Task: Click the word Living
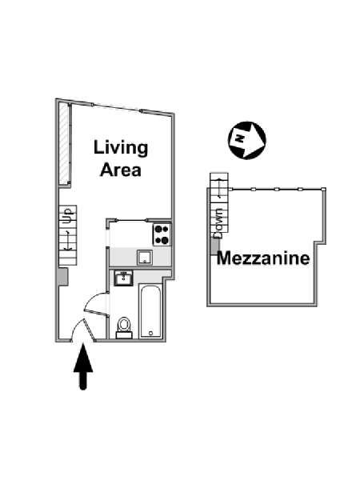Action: [121, 149]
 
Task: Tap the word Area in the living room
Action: [121, 170]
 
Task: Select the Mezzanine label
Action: [263, 258]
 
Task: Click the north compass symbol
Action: [246, 140]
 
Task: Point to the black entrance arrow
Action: [83, 366]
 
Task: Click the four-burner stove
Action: [162, 234]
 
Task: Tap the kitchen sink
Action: [145, 258]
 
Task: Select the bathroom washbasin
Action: [123, 278]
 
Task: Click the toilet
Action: [124, 327]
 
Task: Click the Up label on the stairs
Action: [68, 216]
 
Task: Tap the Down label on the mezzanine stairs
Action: [219, 223]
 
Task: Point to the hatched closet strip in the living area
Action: [63, 143]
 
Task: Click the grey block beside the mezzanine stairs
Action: [215, 246]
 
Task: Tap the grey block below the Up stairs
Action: [63, 277]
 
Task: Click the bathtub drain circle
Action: [150, 333]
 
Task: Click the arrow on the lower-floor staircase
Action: [68, 240]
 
